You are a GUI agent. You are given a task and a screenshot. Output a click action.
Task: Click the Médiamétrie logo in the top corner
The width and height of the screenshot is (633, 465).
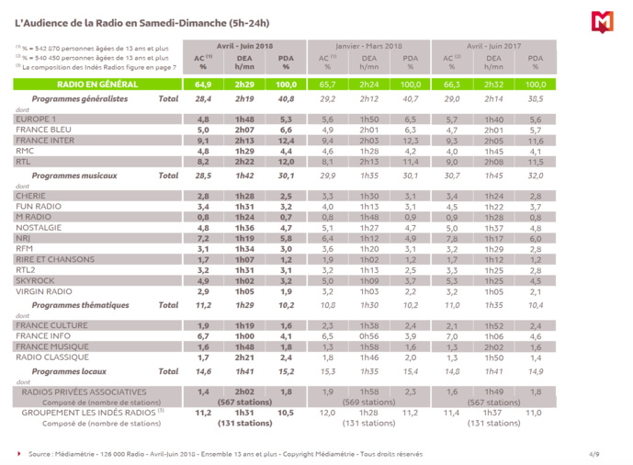coord(602,22)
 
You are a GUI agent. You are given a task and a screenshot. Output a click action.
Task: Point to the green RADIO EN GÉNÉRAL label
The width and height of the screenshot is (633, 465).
coord(96,85)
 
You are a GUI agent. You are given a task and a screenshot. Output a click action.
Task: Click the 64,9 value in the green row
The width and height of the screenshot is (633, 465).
coord(203,85)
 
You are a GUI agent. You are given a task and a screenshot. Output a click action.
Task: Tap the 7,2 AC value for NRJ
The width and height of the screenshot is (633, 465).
coord(203,237)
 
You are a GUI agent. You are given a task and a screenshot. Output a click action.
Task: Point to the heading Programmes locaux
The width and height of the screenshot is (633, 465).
coord(70,371)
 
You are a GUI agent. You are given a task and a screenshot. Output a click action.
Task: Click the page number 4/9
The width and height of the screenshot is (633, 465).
coord(595,453)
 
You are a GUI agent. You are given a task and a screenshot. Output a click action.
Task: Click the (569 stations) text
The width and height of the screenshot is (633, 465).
coord(367,402)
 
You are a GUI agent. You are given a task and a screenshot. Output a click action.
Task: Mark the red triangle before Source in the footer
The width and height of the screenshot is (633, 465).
coord(20,453)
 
